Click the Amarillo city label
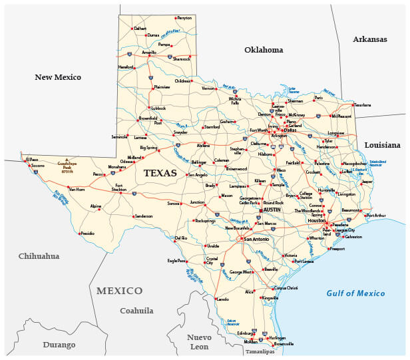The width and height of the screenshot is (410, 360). tap(148, 52)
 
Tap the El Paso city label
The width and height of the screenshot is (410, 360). tap(32, 160)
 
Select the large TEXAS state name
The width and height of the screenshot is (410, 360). tap(160, 173)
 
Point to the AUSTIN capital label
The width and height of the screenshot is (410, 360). tap(273, 210)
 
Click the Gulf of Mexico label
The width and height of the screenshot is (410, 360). tap(355, 293)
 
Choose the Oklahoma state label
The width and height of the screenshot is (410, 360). tap(264, 50)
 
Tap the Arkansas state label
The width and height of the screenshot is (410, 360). tap(370, 39)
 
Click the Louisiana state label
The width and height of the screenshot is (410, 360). tap(382, 145)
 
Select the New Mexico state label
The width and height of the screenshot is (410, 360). tap(58, 77)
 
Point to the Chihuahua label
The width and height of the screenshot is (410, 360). tap(39, 256)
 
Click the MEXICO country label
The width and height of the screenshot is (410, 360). tap(119, 291)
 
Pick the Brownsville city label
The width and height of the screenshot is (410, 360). tap(284, 344)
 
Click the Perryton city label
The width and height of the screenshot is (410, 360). tap(184, 18)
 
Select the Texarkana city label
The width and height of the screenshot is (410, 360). tap(362, 104)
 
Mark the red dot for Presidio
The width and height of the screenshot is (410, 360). tap(79, 234)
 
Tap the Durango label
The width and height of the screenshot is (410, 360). tap(59, 345)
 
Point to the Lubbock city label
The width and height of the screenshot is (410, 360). tap(158, 108)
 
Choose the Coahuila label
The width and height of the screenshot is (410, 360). tap(136, 311)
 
